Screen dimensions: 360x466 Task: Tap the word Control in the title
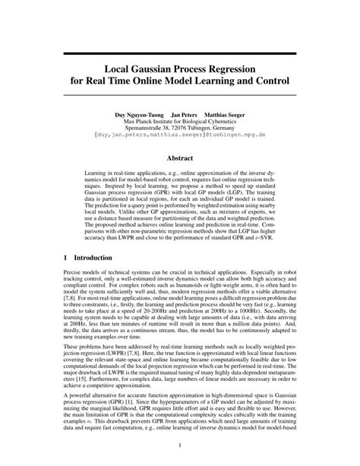click(267, 79)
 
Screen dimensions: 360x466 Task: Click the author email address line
click(180, 138)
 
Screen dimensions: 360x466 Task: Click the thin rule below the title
click(180, 95)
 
